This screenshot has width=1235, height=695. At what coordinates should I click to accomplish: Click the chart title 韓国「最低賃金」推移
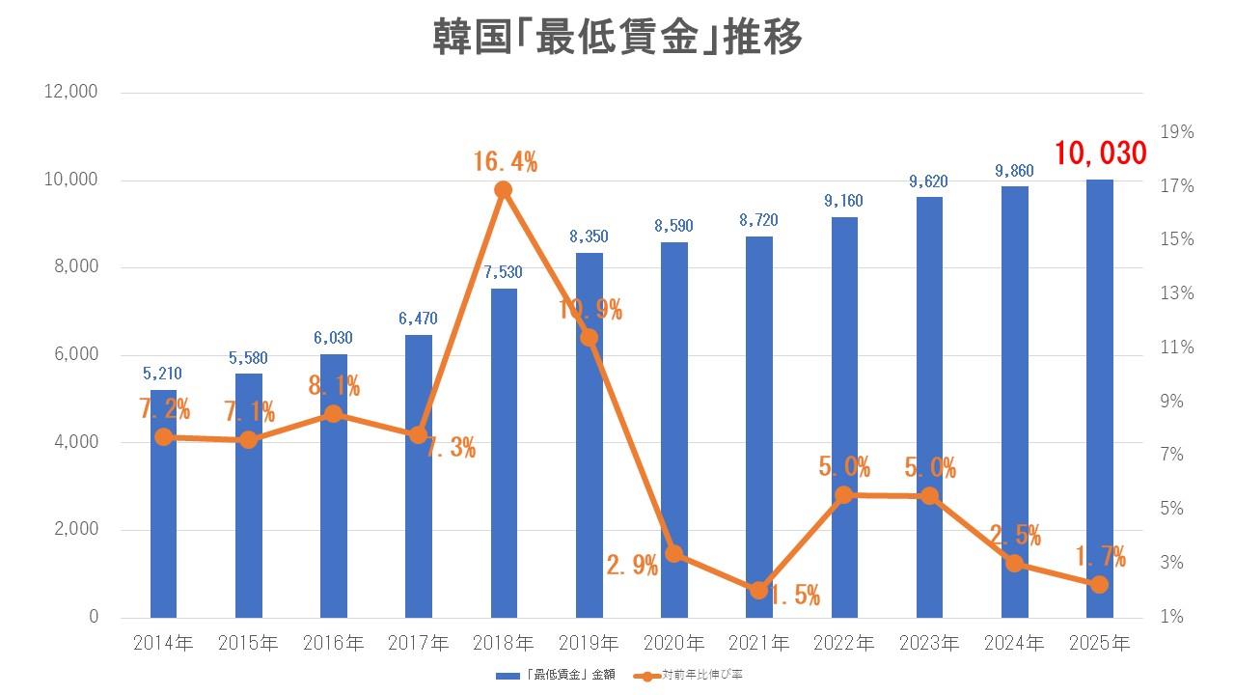coord(617,41)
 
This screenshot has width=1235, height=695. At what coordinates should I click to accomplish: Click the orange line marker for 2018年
coord(504,190)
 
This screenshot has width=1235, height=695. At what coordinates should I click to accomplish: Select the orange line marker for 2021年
coord(758,590)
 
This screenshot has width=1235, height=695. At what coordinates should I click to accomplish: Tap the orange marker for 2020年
coord(674,554)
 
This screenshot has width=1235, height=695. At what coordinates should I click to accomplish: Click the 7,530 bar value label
coord(504,272)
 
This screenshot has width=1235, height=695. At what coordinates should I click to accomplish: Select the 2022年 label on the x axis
coord(844,642)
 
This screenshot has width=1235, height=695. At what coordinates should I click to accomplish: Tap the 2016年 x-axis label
coord(334,642)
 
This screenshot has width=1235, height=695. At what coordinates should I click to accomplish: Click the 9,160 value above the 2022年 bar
coord(844,201)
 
